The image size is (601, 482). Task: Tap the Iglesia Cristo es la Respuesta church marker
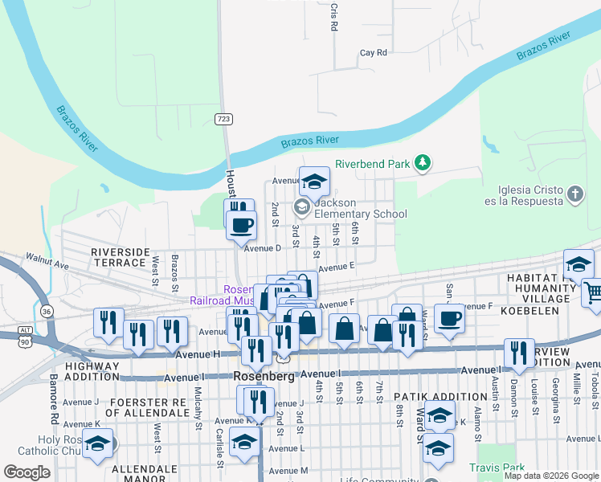coord(574,194)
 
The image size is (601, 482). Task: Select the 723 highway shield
coord(224,119)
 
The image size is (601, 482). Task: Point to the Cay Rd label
coord(374,53)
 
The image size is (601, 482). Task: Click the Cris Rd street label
coord(333,16)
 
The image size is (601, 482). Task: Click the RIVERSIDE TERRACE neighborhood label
coord(121,257)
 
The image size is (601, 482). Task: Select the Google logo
coord(27,472)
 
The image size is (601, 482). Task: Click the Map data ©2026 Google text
coord(551,476)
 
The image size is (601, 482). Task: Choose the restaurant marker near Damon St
coord(519,353)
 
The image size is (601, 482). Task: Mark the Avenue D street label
coord(263,247)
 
